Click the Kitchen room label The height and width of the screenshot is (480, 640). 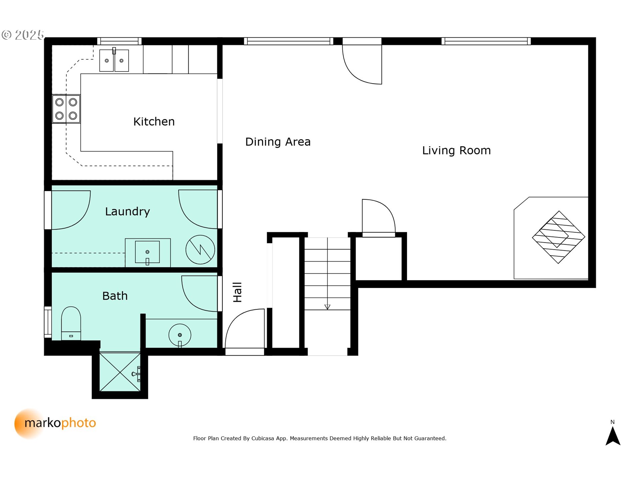pos(154,122)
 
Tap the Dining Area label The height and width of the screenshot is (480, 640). pos(278,142)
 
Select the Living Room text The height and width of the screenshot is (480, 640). pos(456,151)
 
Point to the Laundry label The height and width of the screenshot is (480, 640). pos(127,212)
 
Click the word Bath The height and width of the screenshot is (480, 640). pos(115,296)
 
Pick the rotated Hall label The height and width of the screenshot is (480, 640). pos(237,292)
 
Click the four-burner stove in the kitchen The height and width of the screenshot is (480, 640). pos(66,109)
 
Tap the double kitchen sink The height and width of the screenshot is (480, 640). pos(114,60)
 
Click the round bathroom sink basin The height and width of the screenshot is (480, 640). pos(180,335)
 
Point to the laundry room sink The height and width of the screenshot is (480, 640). pos(147,252)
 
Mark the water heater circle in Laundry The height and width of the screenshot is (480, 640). pos(200,250)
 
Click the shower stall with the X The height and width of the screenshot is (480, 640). pos(120,372)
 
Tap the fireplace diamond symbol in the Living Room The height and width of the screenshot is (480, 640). pos(559,237)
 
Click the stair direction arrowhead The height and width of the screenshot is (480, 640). pos(327,307)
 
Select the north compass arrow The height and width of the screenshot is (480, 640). pos(613,436)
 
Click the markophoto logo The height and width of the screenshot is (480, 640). pos(55,423)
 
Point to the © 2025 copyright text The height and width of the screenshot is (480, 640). pos(23,35)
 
